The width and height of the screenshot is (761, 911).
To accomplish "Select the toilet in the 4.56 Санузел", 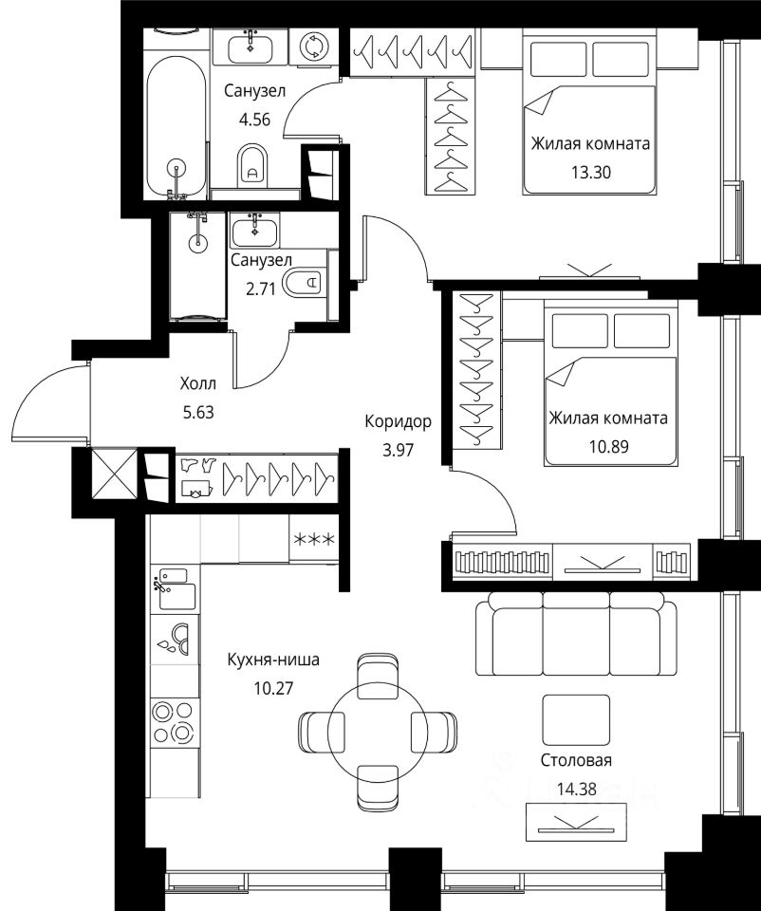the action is coord(252,165).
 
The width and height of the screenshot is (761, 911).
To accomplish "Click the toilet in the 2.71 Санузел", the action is coord(305,283).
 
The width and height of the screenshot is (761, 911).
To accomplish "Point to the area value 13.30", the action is coord(591,172).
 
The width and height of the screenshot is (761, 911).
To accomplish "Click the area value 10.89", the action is coord(609,446).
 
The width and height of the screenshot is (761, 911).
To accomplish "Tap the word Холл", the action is coord(198,383).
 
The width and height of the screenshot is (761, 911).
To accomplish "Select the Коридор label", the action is coord(398,420).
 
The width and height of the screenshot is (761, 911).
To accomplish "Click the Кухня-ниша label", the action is coord(273,660).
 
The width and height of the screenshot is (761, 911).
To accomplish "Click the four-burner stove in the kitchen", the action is coord(173,722).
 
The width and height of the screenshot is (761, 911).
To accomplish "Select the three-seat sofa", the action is coord(576,634).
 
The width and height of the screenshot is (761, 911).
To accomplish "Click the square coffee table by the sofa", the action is coord(576,720).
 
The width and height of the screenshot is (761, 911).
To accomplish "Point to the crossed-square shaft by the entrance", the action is coord(115,474).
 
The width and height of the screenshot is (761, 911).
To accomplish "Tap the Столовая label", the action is coord(576,760).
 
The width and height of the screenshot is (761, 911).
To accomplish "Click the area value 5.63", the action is coord(198,412).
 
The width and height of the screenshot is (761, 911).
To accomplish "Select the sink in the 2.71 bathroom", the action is coord(254,232).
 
